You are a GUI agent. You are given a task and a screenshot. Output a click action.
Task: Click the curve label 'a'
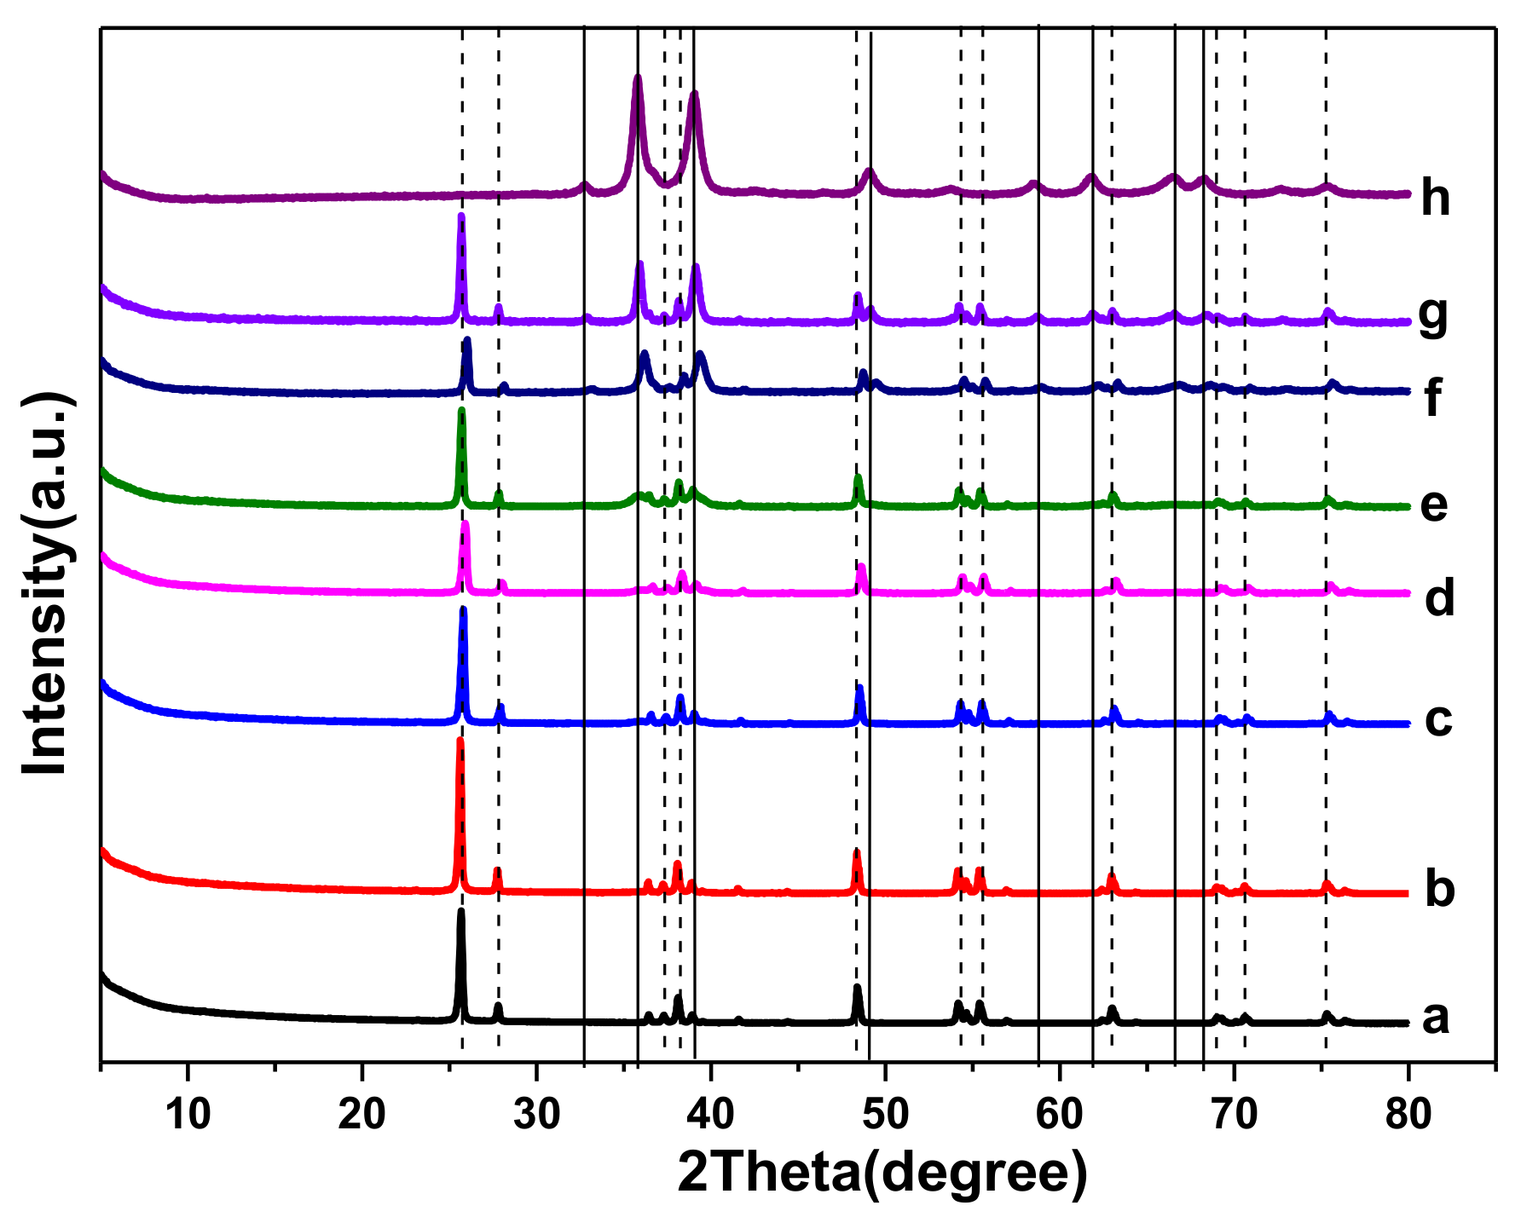1436,1018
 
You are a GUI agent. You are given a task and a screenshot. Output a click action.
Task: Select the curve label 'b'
1440,888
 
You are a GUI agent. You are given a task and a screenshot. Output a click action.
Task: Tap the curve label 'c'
1438,719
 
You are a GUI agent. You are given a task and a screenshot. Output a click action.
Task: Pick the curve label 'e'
1434,505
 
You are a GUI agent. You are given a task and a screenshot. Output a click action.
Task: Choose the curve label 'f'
1433,397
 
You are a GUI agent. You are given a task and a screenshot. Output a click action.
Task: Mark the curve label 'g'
1433,316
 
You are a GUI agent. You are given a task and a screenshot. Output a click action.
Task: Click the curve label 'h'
1436,198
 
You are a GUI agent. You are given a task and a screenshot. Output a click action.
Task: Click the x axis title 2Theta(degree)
882,1174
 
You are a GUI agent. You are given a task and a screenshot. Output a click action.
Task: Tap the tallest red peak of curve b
460,741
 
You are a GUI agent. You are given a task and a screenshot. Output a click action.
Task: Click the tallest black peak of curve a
461,912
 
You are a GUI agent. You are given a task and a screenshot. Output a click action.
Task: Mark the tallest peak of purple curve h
637,78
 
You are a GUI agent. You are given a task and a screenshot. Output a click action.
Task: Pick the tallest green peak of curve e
461,411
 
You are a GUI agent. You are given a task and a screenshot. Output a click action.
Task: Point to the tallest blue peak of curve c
463,609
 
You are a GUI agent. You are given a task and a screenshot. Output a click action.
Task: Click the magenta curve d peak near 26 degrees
465,524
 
